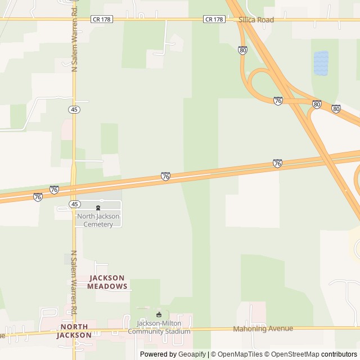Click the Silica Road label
[256, 20]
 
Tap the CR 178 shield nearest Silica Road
[214, 19]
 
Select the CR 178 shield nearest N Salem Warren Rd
[101, 19]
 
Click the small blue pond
[321, 62]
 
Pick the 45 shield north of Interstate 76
[75, 109]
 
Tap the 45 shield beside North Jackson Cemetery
[75, 204]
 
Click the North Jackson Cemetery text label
[95, 220]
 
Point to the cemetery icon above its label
[98, 208]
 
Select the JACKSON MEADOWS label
[107, 282]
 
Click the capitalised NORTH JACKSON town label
[74, 331]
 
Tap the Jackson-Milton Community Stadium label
[159, 327]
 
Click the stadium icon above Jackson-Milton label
[159, 314]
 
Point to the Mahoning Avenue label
[263, 328]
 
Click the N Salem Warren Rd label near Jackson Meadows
[74, 282]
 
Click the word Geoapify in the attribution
[192, 354]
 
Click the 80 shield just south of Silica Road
[242, 50]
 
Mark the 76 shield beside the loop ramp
[278, 101]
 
